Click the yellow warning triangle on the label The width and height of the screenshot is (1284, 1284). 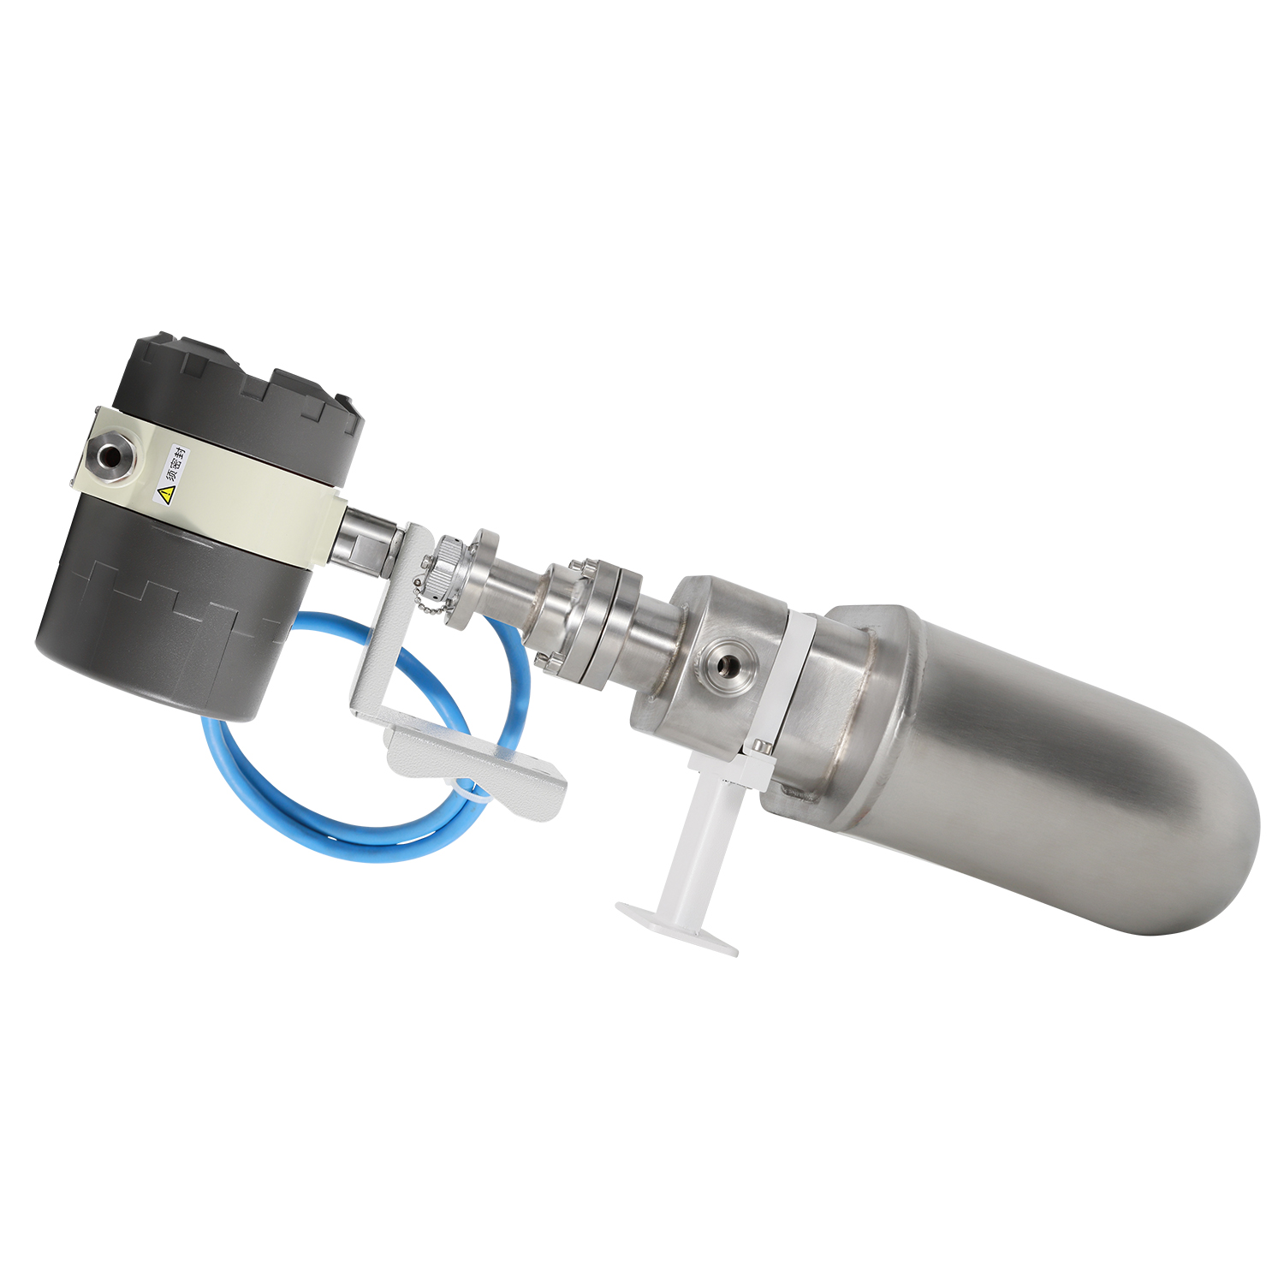click(x=166, y=493)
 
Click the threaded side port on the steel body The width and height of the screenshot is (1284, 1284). click(x=725, y=662)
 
